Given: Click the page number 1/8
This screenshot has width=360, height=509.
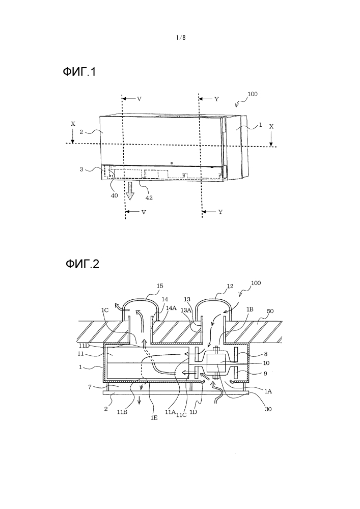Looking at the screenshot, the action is pyautogui.click(x=181, y=38).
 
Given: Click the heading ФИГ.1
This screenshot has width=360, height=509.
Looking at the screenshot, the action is pyautogui.click(x=79, y=72).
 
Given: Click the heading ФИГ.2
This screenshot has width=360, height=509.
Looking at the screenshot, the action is pyautogui.click(x=82, y=264).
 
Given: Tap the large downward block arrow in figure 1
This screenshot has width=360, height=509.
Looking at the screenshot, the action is pyautogui.click(x=130, y=190).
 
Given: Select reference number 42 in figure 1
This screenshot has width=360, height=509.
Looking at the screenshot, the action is pyautogui.click(x=149, y=197).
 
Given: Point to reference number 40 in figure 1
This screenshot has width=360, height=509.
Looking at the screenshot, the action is pyautogui.click(x=114, y=195).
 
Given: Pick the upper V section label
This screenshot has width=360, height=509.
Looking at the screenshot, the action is pyautogui.click(x=139, y=99).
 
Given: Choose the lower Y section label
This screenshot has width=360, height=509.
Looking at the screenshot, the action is pyautogui.click(x=220, y=212).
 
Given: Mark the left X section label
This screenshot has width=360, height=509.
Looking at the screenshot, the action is pyautogui.click(x=73, y=124).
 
